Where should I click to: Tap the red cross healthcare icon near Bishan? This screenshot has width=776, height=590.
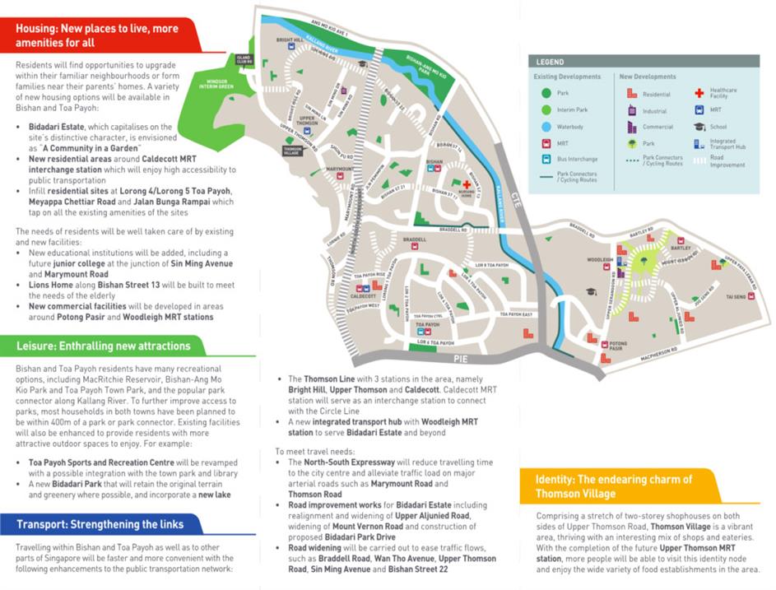coord(467,184)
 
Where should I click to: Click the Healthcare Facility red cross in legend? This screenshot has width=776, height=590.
coord(699,93)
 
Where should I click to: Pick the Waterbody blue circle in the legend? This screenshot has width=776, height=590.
coord(544,128)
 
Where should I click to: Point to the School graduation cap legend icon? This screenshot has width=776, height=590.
coord(699,127)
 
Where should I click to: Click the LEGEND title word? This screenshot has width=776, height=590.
coord(551,63)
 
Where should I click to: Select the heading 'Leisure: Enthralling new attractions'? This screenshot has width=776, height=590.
coord(103,346)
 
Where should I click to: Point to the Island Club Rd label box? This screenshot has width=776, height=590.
coord(244,59)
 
